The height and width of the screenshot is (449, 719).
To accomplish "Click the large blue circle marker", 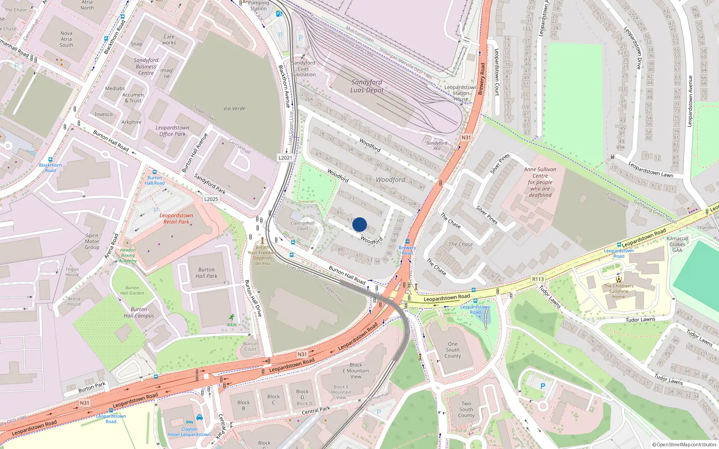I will click(x=359, y=224).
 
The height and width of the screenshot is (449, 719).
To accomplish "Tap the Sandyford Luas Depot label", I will click(x=367, y=86).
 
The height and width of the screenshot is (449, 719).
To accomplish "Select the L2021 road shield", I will click(x=285, y=158).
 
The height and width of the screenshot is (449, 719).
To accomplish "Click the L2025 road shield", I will click(x=211, y=199).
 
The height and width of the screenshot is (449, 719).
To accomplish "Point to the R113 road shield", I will click(x=538, y=279).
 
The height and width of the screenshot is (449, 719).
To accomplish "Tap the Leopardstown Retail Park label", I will click(x=176, y=219).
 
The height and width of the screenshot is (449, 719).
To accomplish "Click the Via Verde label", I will click(x=234, y=109).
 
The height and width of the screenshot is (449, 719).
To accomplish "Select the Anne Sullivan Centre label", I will click(x=540, y=182).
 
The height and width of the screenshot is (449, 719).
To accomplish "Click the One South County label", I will click(x=453, y=350).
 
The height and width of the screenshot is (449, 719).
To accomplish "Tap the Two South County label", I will click(x=466, y=409).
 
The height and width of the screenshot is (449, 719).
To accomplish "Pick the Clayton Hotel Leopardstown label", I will click(x=189, y=431).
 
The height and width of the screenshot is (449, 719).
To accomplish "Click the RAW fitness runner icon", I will click(x=232, y=317).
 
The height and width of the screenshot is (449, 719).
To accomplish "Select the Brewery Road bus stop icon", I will click(x=408, y=242).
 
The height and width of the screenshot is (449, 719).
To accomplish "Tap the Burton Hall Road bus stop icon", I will click(x=155, y=172).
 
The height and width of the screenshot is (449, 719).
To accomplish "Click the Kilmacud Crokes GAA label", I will click(x=677, y=244).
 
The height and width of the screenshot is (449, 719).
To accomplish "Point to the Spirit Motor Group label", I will click(x=92, y=241).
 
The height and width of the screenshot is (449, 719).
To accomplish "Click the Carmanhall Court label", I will click(x=302, y=225).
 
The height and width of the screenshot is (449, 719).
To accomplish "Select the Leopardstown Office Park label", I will click(x=173, y=131).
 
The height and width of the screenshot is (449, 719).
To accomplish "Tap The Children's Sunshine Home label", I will click(x=619, y=291).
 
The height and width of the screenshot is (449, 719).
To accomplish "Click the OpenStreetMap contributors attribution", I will click(x=684, y=445).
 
